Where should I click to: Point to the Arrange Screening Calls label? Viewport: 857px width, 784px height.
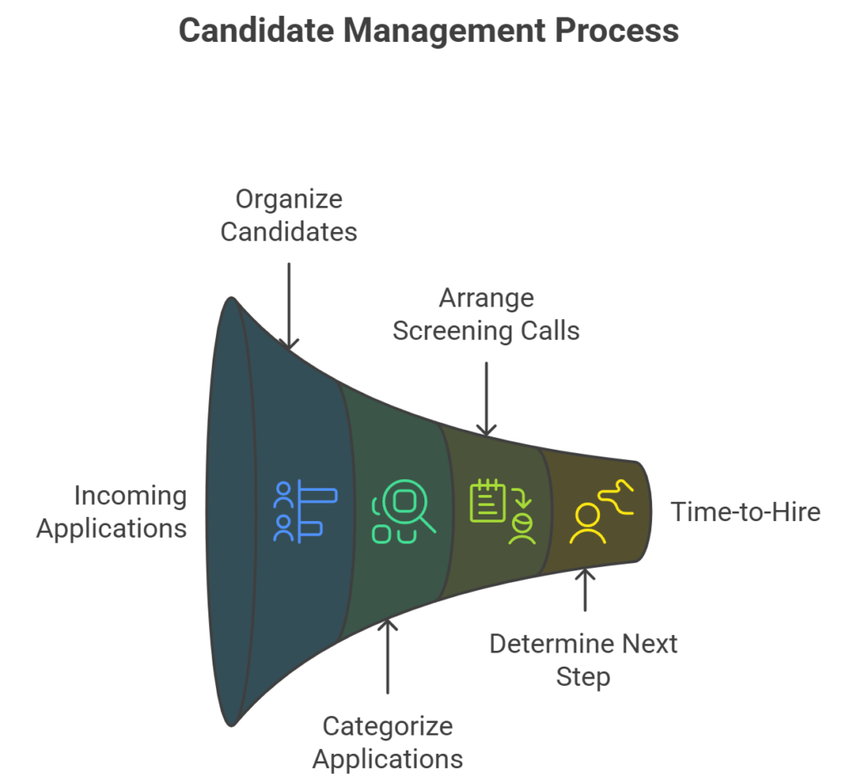coord(486,314)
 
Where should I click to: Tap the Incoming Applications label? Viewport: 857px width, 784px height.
coord(112,512)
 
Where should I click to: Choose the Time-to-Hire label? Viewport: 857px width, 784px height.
coord(745,512)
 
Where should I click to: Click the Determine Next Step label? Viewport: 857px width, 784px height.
coord(583,659)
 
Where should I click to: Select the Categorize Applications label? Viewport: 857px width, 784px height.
coord(387,742)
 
